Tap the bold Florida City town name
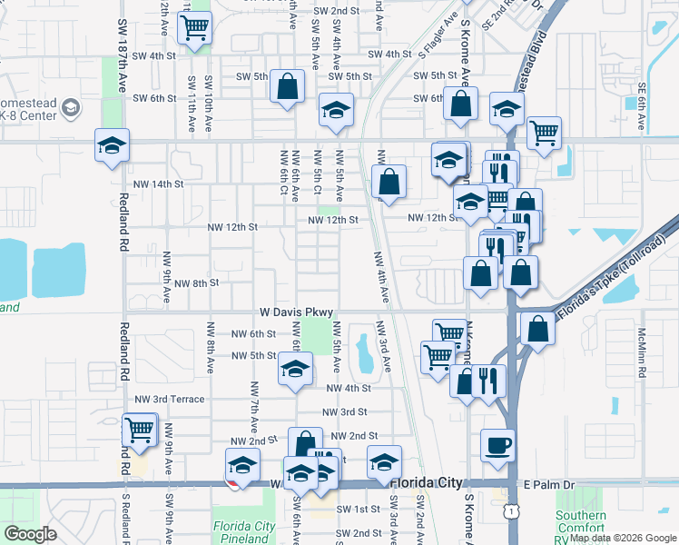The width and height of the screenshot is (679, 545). pyautogui.click(x=427, y=483)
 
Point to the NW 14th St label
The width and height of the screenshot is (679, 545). pyautogui.click(x=159, y=183)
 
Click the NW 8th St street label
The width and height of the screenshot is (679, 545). pyautogui.click(x=196, y=283)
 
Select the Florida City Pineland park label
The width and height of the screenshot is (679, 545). pyautogui.click(x=244, y=532)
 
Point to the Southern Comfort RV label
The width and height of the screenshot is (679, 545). pyautogui.click(x=581, y=527)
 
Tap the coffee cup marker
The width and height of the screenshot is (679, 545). pyautogui.click(x=497, y=446)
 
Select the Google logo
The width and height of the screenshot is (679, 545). pyautogui.click(x=31, y=534)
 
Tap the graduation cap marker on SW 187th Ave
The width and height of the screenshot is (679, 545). pyautogui.click(x=112, y=145)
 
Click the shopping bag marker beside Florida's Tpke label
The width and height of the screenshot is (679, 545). pyautogui.click(x=537, y=330)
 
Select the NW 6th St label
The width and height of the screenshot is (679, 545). pyautogui.click(x=256, y=333)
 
